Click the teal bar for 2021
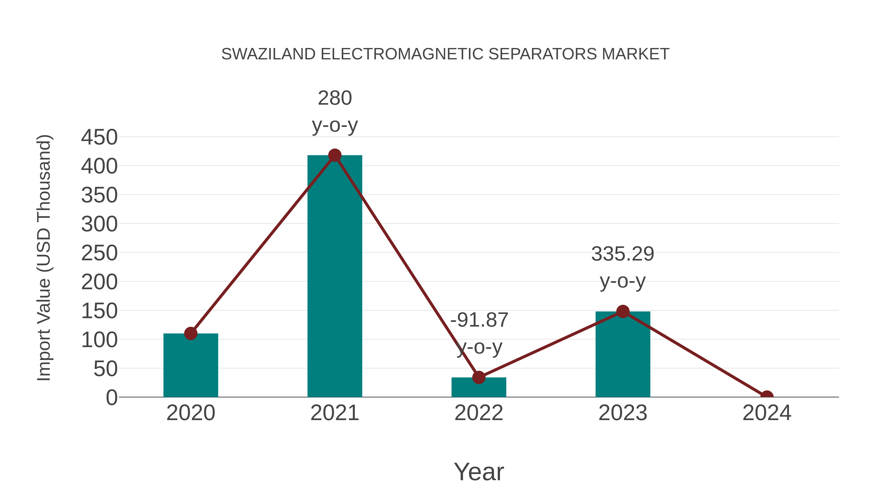[334, 277]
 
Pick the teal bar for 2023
[623, 354]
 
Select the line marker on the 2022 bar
[479, 377]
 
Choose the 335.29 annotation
[623, 254]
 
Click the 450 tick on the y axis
[99, 137]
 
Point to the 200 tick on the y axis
[99, 282]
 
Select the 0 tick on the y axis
[112, 397]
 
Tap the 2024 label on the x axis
[767, 413]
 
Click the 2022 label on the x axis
[479, 413]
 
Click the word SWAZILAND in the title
[268, 54]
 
